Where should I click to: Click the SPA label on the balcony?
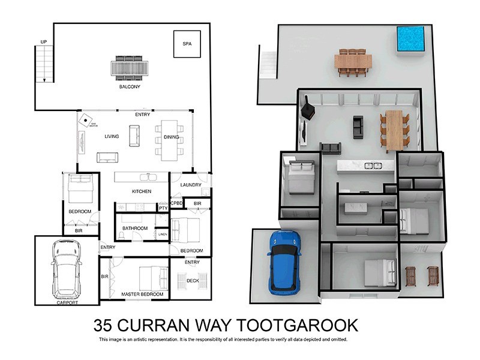(x=187, y=44)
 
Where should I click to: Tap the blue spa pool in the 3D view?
(x=410, y=38)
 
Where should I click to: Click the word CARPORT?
(x=67, y=302)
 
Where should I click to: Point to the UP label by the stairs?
(x=43, y=41)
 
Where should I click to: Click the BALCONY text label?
(x=129, y=86)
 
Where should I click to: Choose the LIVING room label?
(x=112, y=136)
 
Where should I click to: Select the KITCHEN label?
(x=142, y=191)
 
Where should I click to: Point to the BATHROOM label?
(x=134, y=228)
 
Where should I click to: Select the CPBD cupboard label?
(x=177, y=203)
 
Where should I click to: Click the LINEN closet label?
(x=162, y=234)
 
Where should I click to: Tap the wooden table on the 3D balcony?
(x=355, y=61)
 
